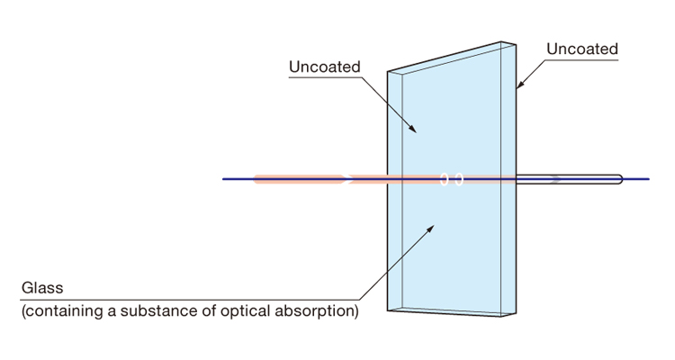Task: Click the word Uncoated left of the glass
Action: (325, 67)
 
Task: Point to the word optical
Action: (242, 312)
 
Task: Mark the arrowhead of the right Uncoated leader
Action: (519, 88)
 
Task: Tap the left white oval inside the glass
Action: (444, 179)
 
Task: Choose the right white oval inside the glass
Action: (458, 179)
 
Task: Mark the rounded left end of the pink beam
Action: (256, 179)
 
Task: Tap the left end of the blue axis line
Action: (223, 179)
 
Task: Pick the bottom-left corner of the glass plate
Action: (388, 310)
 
